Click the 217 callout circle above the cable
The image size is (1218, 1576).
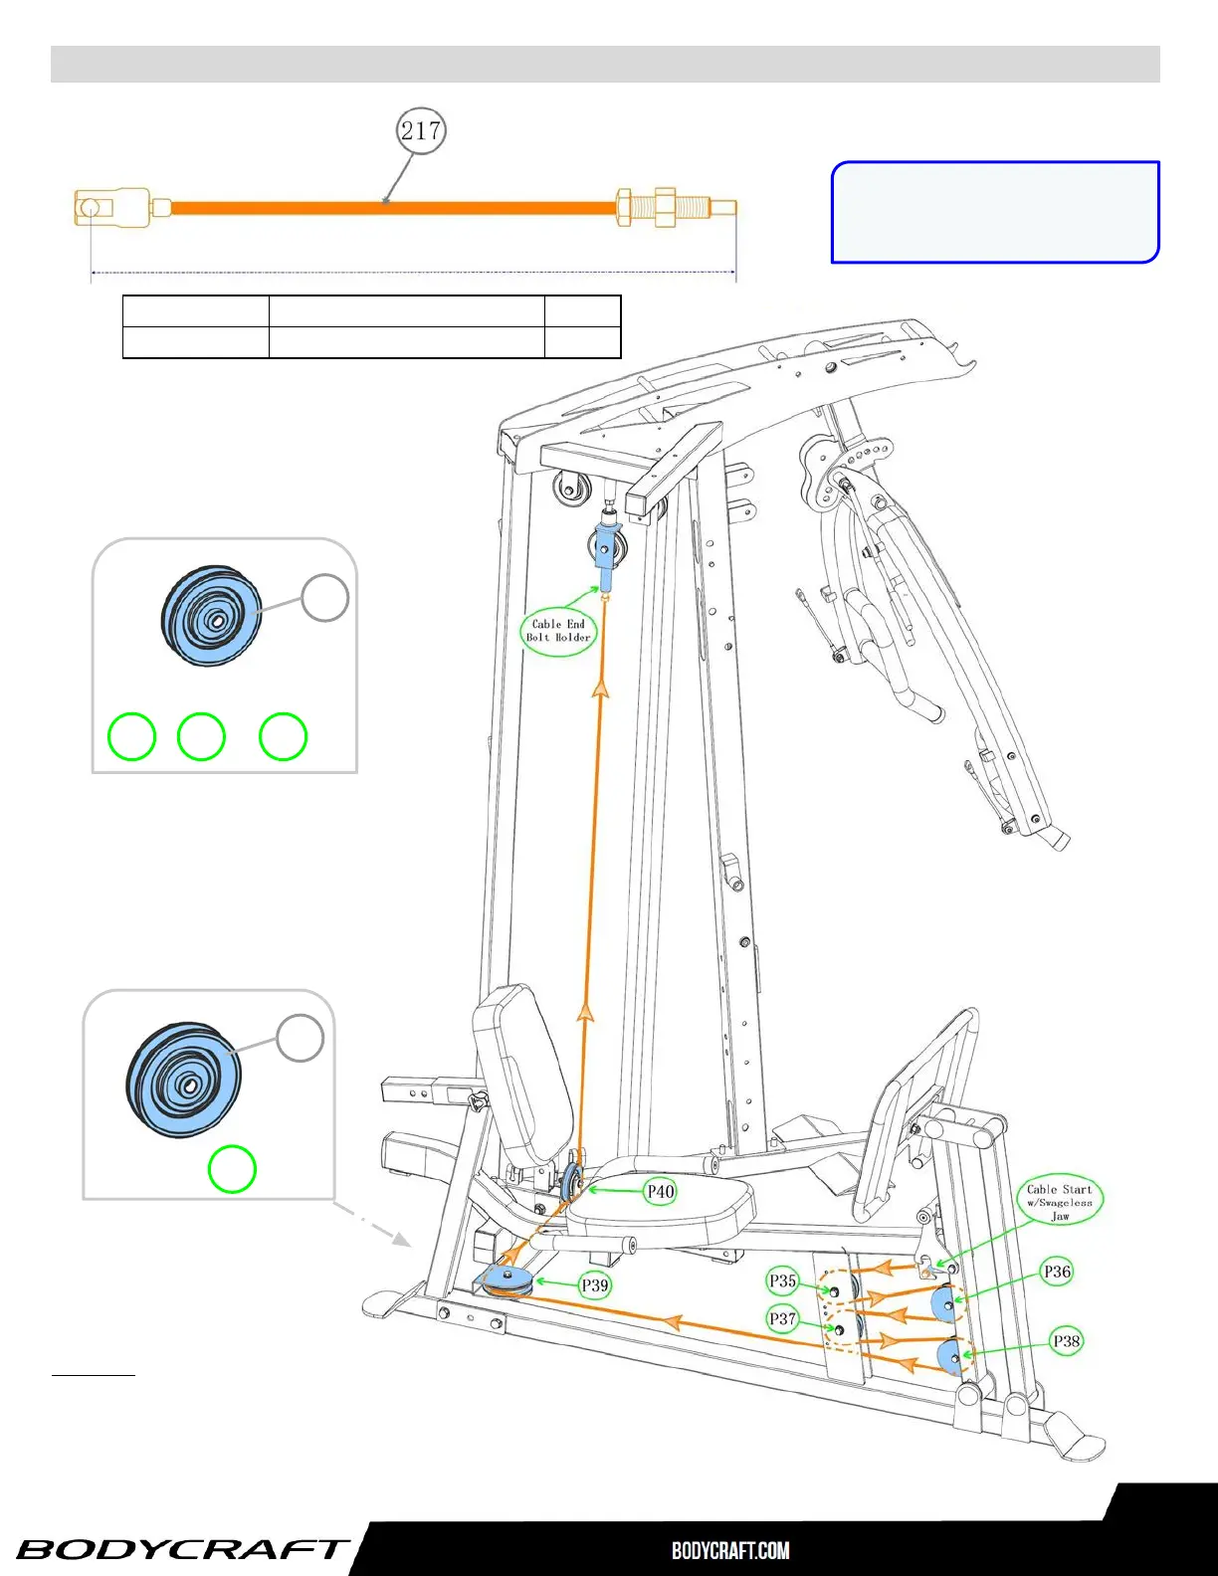[421, 130]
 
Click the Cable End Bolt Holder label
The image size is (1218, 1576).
[558, 631]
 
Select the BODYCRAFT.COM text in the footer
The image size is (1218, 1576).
[730, 1550]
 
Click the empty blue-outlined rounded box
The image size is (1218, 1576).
[995, 212]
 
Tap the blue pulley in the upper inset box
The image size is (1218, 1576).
[212, 616]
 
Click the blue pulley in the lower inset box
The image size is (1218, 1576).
[183, 1080]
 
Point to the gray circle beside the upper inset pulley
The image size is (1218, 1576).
[325, 598]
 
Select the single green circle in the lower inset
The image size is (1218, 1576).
[232, 1168]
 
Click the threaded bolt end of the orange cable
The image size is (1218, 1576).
[676, 207]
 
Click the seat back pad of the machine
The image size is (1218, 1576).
[523, 1075]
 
